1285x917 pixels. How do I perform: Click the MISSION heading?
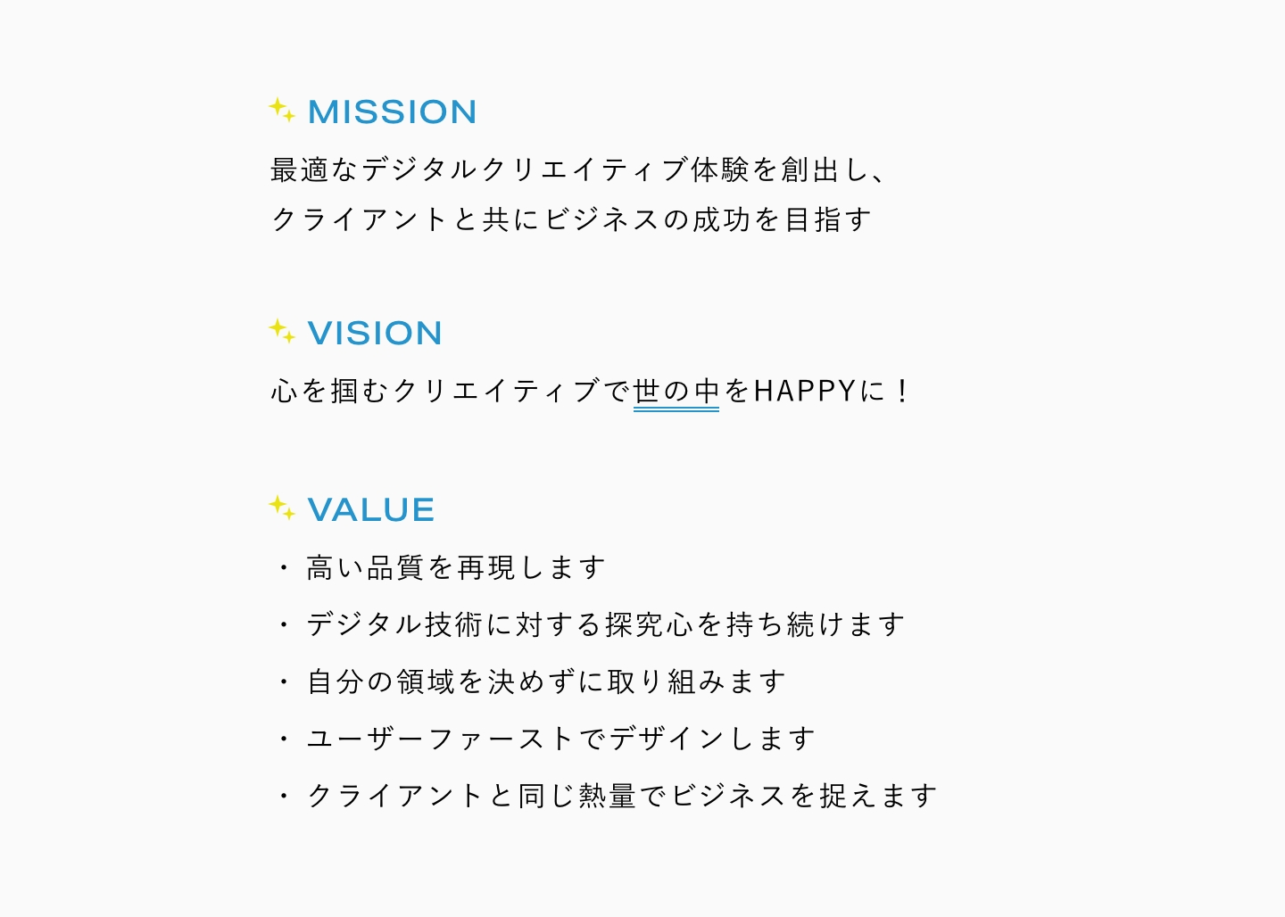pyautogui.click(x=392, y=112)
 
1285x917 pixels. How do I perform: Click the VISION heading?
pyautogui.click(x=375, y=334)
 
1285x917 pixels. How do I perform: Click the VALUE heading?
pyautogui.click(x=371, y=510)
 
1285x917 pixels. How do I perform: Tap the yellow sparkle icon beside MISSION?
pyautogui.click(x=281, y=110)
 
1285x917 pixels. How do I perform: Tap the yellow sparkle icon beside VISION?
pyautogui.click(x=281, y=331)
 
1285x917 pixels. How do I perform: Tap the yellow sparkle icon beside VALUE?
pyautogui.click(x=281, y=508)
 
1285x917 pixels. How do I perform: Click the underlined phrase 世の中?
pyautogui.click(x=676, y=392)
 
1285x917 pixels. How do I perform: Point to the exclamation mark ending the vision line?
pyautogui.click(x=903, y=391)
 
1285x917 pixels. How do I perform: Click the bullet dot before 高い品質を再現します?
pyautogui.click(x=284, y=567)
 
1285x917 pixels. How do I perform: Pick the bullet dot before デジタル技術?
pyautogui.click(x=284, y=624)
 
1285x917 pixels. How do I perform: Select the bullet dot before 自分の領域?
pyautogui.click(x=284, y=682)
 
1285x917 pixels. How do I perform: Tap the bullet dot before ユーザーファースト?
pyautogui.click(x=284, y=739)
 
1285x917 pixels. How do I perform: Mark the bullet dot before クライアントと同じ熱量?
pyautogui.click(x=284, y=796)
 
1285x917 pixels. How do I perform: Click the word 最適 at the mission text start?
pyautogui.click(x=300, y=169)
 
